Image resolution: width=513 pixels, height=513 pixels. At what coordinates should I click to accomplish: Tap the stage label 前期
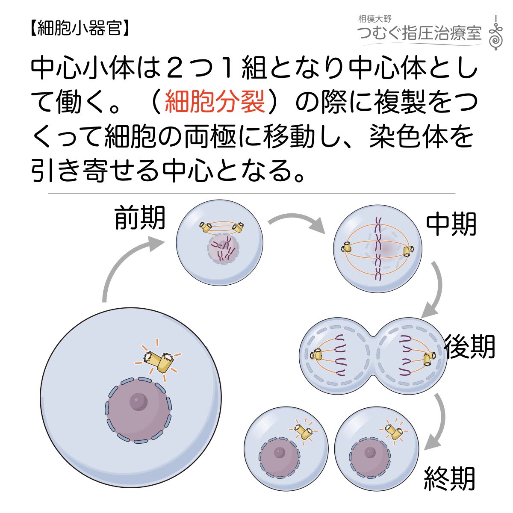(x=139, y=219)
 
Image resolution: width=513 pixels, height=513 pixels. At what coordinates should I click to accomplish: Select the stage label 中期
(x=451, y=225)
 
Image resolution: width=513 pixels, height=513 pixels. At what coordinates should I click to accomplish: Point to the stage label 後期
(x=469, y=346)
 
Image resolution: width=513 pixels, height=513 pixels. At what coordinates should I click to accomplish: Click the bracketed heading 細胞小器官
(x=80, y=28)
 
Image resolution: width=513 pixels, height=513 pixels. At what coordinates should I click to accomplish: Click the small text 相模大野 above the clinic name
(x=374, y=19)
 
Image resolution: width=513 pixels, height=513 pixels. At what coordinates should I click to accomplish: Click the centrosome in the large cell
(x=158, y=359)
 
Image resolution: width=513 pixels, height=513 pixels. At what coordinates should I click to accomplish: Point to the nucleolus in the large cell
(x=138, y=402)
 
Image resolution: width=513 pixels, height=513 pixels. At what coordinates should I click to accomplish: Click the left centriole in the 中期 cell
(x=346, y=248)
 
